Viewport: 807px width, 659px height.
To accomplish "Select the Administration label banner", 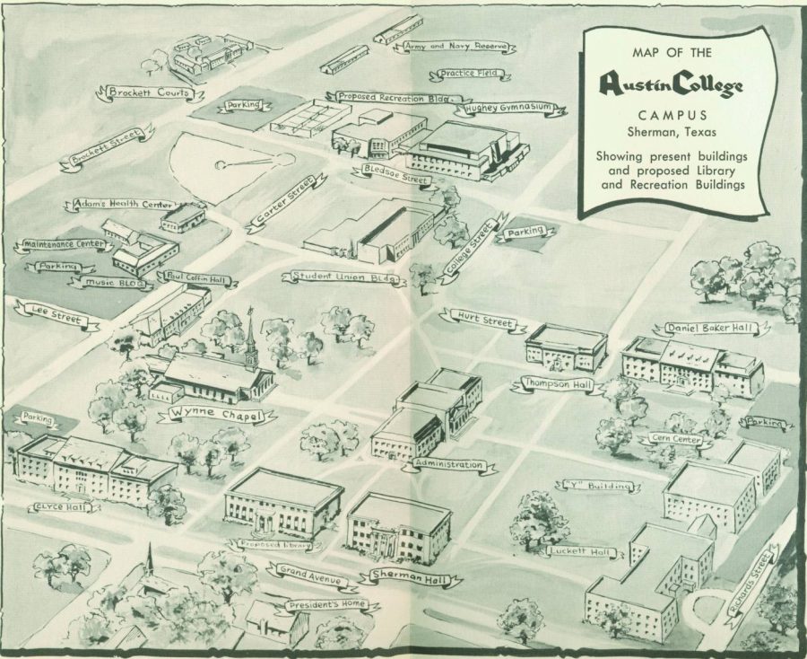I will tap(443, 466).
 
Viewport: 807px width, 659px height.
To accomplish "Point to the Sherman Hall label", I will tap(410, 577).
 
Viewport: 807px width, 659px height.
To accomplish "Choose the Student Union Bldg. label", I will tap(343, 277).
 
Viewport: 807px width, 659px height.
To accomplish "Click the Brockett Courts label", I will tap(149, 92).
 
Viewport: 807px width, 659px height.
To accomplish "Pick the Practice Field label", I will tap(472, 75).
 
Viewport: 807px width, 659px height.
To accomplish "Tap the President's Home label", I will tap(327, 604).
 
